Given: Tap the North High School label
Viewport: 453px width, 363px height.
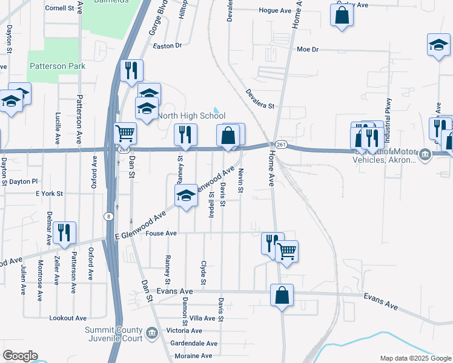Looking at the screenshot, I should point(191,116).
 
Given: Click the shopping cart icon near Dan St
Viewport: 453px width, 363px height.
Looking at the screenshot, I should point(125,132).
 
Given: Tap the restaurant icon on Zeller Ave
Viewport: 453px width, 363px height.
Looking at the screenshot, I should point(64,232).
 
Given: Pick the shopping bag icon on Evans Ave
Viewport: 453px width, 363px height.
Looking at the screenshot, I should point(282,296).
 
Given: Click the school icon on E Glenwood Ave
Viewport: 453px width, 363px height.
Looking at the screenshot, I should point(186,195).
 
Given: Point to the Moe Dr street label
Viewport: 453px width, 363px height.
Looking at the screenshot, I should point(307,50).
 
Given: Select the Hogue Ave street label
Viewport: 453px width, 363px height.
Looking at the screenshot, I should point(275,11).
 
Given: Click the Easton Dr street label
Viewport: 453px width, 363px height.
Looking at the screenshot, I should point(167,46).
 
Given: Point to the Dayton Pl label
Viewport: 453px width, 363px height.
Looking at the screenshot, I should point(23,181).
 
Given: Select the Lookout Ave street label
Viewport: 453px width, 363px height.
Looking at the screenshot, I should point(68,318).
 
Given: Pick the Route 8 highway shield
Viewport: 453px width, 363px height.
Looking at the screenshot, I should point(108,216).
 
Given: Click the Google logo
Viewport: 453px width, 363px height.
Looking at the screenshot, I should point(20,356).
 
